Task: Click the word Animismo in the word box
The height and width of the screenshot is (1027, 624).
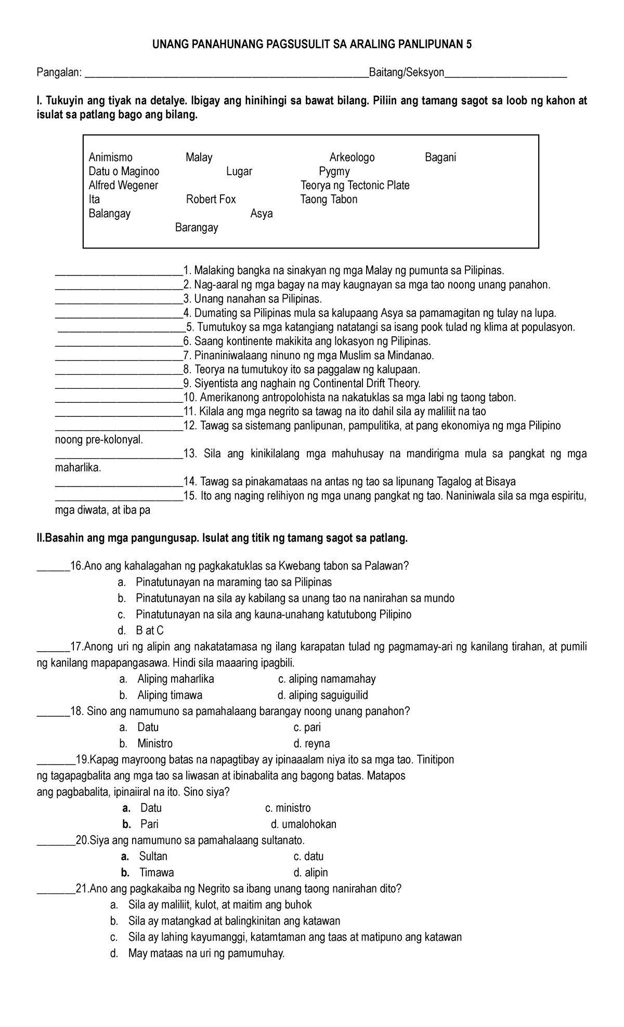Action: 110,157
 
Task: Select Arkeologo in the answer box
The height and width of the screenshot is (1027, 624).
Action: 352,157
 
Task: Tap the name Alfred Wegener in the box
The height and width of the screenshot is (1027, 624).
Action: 123,186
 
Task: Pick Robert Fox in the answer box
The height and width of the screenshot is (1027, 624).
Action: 211,200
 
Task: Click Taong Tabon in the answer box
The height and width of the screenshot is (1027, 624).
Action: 329,200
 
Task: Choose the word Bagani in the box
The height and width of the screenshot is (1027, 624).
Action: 440,157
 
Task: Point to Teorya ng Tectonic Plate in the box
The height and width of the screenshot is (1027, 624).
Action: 355,186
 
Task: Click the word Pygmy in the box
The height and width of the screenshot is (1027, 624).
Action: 334,172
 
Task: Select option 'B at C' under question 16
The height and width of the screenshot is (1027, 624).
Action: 150,631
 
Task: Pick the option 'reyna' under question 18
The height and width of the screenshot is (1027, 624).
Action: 317,744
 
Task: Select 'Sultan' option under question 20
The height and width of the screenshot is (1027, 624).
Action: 153,857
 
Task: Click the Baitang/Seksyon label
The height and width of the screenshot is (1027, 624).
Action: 406,73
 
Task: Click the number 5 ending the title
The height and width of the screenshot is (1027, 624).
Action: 469,45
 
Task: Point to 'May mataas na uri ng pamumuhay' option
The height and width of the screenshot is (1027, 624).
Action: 206,954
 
